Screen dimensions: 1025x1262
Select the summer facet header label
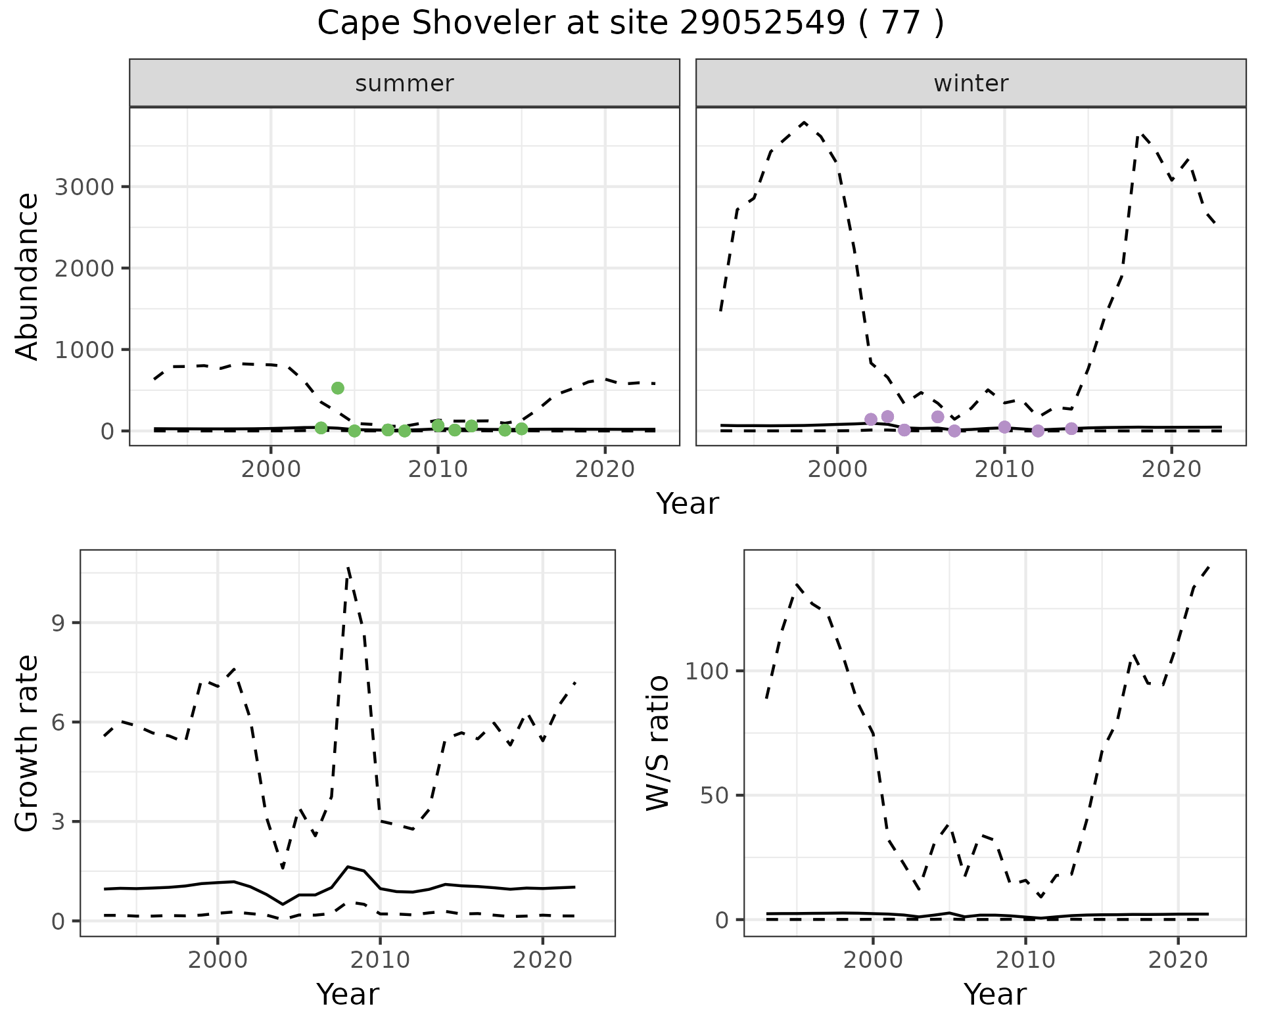pyautogui.click(x=404, y=83)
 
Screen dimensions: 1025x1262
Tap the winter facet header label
pyautogui.click(x=971, y=83)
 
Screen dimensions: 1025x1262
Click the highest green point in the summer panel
pyautogui.click(x=338, y=388)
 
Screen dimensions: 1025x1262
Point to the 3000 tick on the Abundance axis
pyautogui.click(x=84, y=187)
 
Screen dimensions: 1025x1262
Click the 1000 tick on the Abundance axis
pyautogui.click(x=84, y=350)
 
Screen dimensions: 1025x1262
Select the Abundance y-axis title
pyautogui.click(x=28, y=276)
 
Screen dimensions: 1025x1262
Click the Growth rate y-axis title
pyautogui.click(x=28, y=744)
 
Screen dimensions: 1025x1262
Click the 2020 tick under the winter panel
pyautogui.click(x=1171, y=470)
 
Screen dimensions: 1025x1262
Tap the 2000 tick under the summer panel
pyautogui.click(x=271, y=470)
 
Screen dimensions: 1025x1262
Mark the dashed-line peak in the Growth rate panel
pyautogui.click(x=348, y=566)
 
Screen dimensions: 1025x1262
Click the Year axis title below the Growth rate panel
pyautogui.click(x=348, y=994)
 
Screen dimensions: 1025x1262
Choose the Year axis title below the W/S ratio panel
pyautogui.click(x=994, y=994)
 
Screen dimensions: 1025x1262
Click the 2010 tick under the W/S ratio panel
pyautogui.click(x=1025, y=960)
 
